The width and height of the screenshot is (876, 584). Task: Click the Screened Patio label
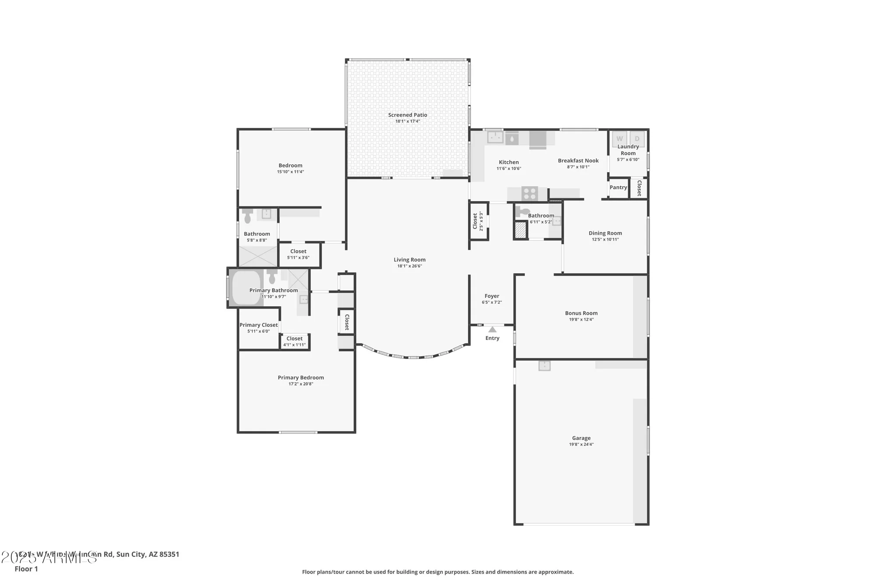point(407,115)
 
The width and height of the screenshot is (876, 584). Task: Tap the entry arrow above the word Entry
point(492,329)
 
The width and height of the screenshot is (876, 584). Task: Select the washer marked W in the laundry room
point(619,138)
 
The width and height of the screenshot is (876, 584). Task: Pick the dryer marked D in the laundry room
point(637,138)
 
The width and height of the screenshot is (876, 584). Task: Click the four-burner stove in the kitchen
point(530,193)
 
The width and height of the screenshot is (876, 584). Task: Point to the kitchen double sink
point(495,137)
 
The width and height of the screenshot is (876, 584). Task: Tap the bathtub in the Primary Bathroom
point(245,288)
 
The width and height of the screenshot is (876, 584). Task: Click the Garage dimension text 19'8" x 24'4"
point(581,444)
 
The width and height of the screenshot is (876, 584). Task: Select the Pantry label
point(618,188)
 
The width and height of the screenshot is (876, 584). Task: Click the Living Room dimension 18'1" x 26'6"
point(409,266)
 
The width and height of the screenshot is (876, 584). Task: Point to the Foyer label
point(491,296)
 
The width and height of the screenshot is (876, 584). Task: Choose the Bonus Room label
point(581,313)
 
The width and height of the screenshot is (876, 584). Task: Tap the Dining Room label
point(605,233)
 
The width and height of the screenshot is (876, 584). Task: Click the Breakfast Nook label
point(578,161)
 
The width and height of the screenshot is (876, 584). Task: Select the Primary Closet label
point(258,325)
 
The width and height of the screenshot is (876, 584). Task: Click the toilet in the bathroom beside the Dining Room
point(522,212)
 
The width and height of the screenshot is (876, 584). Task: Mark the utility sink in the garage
point(544,366)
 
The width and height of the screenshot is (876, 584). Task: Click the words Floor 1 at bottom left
point(26,569)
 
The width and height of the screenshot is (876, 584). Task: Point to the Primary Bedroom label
point(300,378)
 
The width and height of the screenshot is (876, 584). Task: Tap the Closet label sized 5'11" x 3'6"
point(298,251)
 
